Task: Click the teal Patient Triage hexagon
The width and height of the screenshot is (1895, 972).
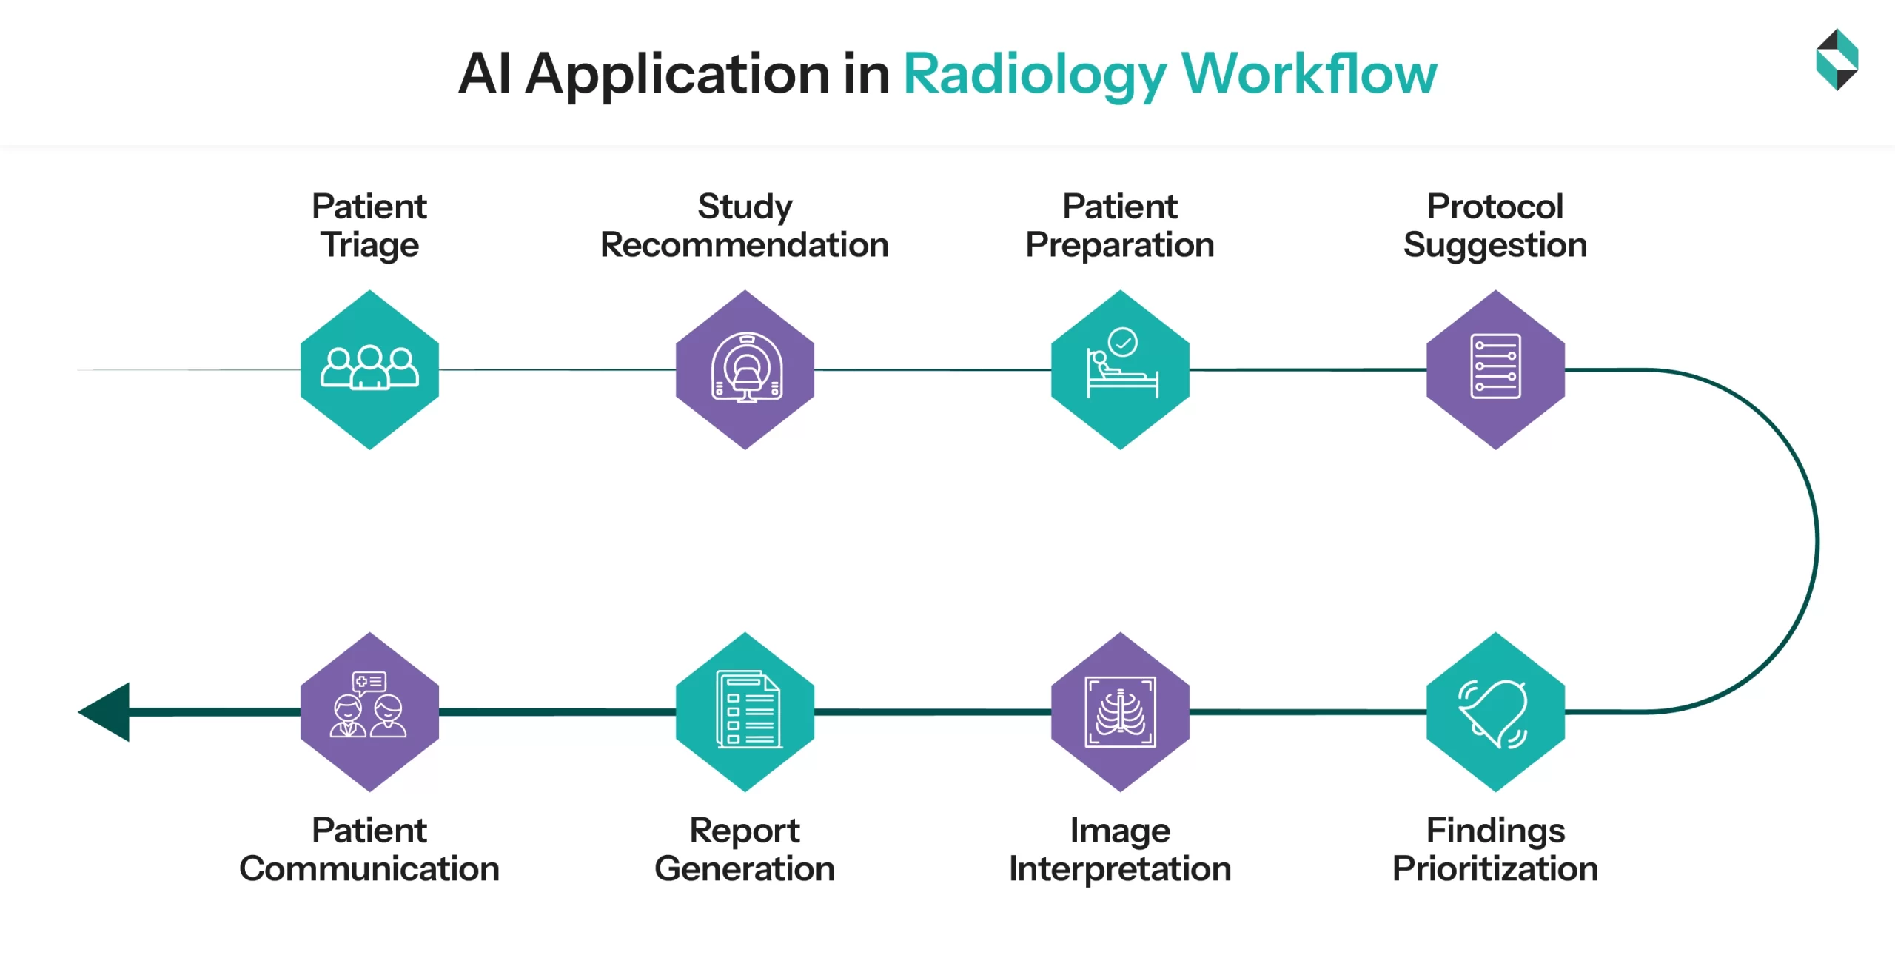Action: (369, 415)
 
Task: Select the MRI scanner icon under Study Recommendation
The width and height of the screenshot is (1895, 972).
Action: (745, 368)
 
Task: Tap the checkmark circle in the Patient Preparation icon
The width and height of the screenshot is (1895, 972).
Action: (1123, 343)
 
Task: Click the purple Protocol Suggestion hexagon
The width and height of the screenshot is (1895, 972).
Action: (1495, 422)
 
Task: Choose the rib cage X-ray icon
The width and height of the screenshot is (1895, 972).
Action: (1120, 712)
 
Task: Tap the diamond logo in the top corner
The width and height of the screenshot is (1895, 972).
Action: (1837, 59)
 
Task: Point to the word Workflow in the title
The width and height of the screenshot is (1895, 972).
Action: (1308, 74)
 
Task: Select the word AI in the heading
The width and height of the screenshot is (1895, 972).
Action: (485, 74)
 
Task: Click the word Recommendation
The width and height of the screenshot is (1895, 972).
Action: (744, 245)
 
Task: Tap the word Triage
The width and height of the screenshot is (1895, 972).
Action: (369, 245)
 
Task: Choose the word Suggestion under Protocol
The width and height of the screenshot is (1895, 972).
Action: (1495, 245)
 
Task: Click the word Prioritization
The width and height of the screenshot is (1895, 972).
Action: (1495, 868)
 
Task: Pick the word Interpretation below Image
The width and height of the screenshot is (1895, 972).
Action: (1119, 868)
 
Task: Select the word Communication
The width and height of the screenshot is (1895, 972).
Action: (369, 868)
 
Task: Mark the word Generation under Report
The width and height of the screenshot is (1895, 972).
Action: (744, 868)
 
